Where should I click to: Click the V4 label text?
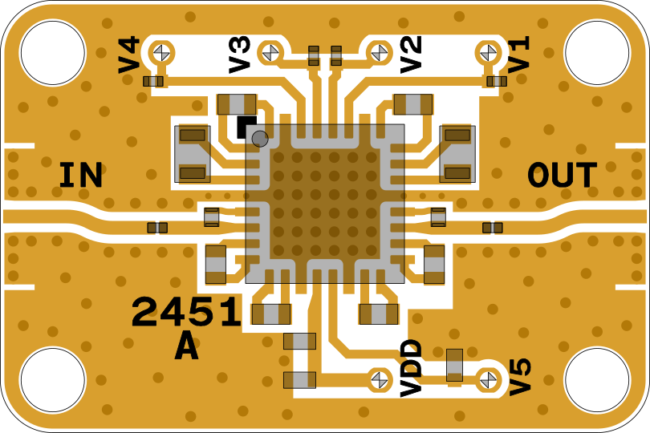129,55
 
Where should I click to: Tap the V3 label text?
240,55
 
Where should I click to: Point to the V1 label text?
519,55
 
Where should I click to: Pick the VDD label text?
412,368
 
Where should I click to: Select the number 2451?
186,313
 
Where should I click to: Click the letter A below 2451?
186,348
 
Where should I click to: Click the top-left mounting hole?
52,53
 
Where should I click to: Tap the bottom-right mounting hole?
597,380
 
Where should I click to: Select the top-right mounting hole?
597,53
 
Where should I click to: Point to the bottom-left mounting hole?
52,380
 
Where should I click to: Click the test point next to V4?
162,53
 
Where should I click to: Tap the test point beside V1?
487,53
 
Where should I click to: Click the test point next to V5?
487,379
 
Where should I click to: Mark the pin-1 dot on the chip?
260,139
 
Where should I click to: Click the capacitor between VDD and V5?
454,365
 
